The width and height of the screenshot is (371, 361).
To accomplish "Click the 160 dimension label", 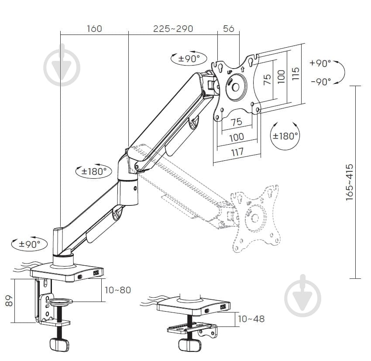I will pyautogui.click(x=94, y=29).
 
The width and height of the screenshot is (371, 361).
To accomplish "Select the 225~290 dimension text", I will pyautogui.click(x=173, y=29).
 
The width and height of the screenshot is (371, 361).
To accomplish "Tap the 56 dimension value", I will pyautogui.click(x=229, y=29).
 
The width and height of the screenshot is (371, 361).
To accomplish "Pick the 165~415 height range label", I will pyautogui.click(x=350, y=182).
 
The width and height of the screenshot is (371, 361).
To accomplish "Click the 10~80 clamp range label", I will pyautogui.click(x=118, y=290).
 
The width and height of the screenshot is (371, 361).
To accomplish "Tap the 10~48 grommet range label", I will pyautogui.click(x=251, y=319).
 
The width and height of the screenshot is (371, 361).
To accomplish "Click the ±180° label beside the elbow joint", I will pyautogui.click(x=94, y=171).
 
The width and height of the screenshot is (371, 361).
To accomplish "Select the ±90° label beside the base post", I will pyautogui.click(x=30, y=243).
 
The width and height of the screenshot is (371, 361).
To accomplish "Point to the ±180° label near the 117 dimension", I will pyautogui.click(x=285, y=135).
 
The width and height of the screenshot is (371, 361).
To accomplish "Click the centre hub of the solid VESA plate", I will pyautogui.click(x=235, y=86).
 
